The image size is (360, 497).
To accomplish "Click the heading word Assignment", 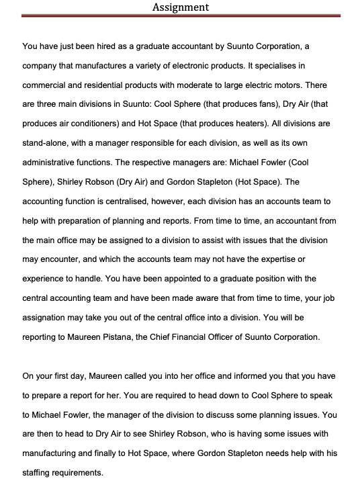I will (180, 7).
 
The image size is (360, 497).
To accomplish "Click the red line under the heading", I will (180, 15).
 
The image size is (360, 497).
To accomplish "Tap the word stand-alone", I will (46, 144).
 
